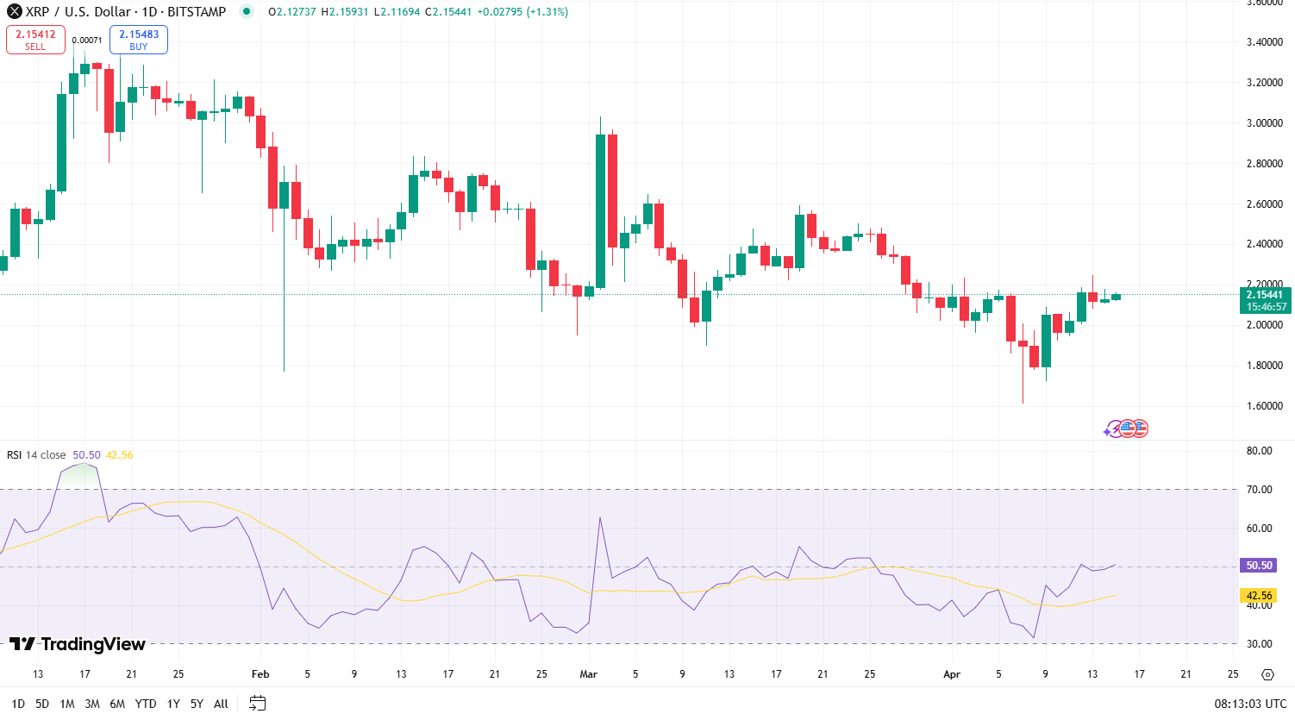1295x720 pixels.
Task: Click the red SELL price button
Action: click(x=35, y=40)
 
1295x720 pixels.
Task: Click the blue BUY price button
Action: click(x=138, y=40)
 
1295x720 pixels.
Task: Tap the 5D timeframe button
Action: click(x=42, y=704)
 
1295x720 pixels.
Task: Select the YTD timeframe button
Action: click(x=146, y=704)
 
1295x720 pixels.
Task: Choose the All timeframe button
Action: click(x=221, y=704)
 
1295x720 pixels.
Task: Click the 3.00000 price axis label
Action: click(x=1264, y=123)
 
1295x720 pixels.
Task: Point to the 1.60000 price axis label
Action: click(x=1264, y=406)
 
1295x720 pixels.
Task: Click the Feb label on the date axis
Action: click(x=260, y=674)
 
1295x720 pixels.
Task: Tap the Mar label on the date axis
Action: click(x=589, y=674)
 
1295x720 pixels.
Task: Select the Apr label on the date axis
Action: click(x=952, y=674)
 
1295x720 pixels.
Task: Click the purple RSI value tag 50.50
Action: click(x=1259, y=566)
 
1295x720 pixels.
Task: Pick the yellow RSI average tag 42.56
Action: click(x=1259, y=596)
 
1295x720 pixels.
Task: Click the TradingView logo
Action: click(x=78, y=644)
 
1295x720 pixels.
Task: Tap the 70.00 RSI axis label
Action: click(x=1259, y=490)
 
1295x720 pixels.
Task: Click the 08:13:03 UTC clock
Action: click(x=1250, y=704)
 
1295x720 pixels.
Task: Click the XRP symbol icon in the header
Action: click(x=15, y=12)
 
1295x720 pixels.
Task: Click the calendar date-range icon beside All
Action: click(x=257, y=704)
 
